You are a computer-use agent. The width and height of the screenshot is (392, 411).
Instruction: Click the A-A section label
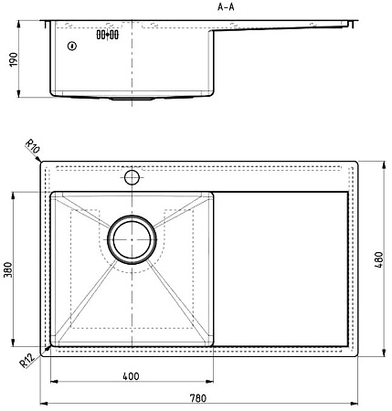[226, 7]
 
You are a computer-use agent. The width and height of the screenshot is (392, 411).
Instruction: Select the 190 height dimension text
[14, 59]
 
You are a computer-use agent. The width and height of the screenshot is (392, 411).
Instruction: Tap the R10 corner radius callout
[32, 147]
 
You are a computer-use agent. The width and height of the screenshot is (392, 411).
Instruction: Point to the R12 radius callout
[26, 361]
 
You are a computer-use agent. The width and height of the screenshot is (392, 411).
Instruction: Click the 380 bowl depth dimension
[7, 269]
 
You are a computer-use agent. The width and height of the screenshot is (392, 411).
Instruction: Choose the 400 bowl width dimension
[131, 376]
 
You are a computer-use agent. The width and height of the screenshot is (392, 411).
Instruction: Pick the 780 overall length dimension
[198, 398]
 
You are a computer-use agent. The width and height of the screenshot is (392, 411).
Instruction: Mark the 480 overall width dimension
[379, 259]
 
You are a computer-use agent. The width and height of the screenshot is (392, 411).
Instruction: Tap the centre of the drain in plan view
[132, 239]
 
